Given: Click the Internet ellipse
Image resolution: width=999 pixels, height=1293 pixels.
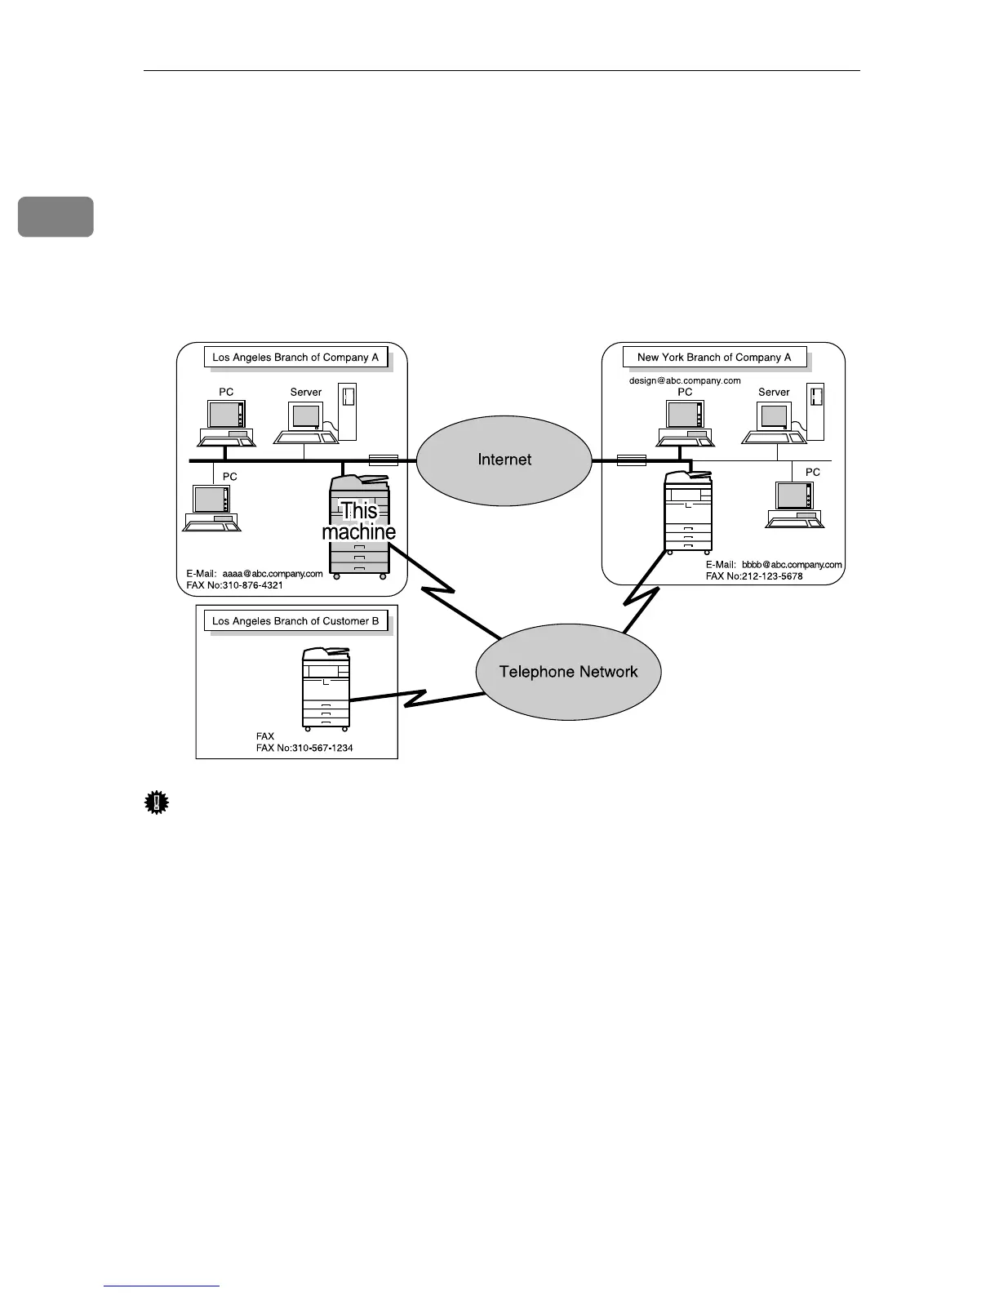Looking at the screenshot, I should tap(504, 460).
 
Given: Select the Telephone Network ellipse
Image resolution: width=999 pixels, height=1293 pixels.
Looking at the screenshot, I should tap(568, 672).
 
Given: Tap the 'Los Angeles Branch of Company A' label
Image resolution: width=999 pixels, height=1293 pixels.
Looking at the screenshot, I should tap(295, 358).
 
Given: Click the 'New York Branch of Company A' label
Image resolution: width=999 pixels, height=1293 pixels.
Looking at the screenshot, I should tap(713, 358).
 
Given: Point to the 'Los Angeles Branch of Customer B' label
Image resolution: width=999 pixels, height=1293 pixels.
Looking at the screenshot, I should tap(295, 621).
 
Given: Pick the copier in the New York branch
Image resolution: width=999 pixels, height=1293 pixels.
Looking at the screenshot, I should tap(689, 512).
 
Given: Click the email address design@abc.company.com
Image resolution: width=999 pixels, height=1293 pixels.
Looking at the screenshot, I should tap(684, 380).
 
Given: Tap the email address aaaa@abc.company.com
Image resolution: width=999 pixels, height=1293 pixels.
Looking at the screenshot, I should tap(273, 574).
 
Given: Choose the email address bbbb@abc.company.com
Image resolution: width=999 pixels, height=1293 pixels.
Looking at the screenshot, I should tap(792, 565).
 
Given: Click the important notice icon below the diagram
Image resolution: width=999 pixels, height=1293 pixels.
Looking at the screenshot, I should tap(156, 803).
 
